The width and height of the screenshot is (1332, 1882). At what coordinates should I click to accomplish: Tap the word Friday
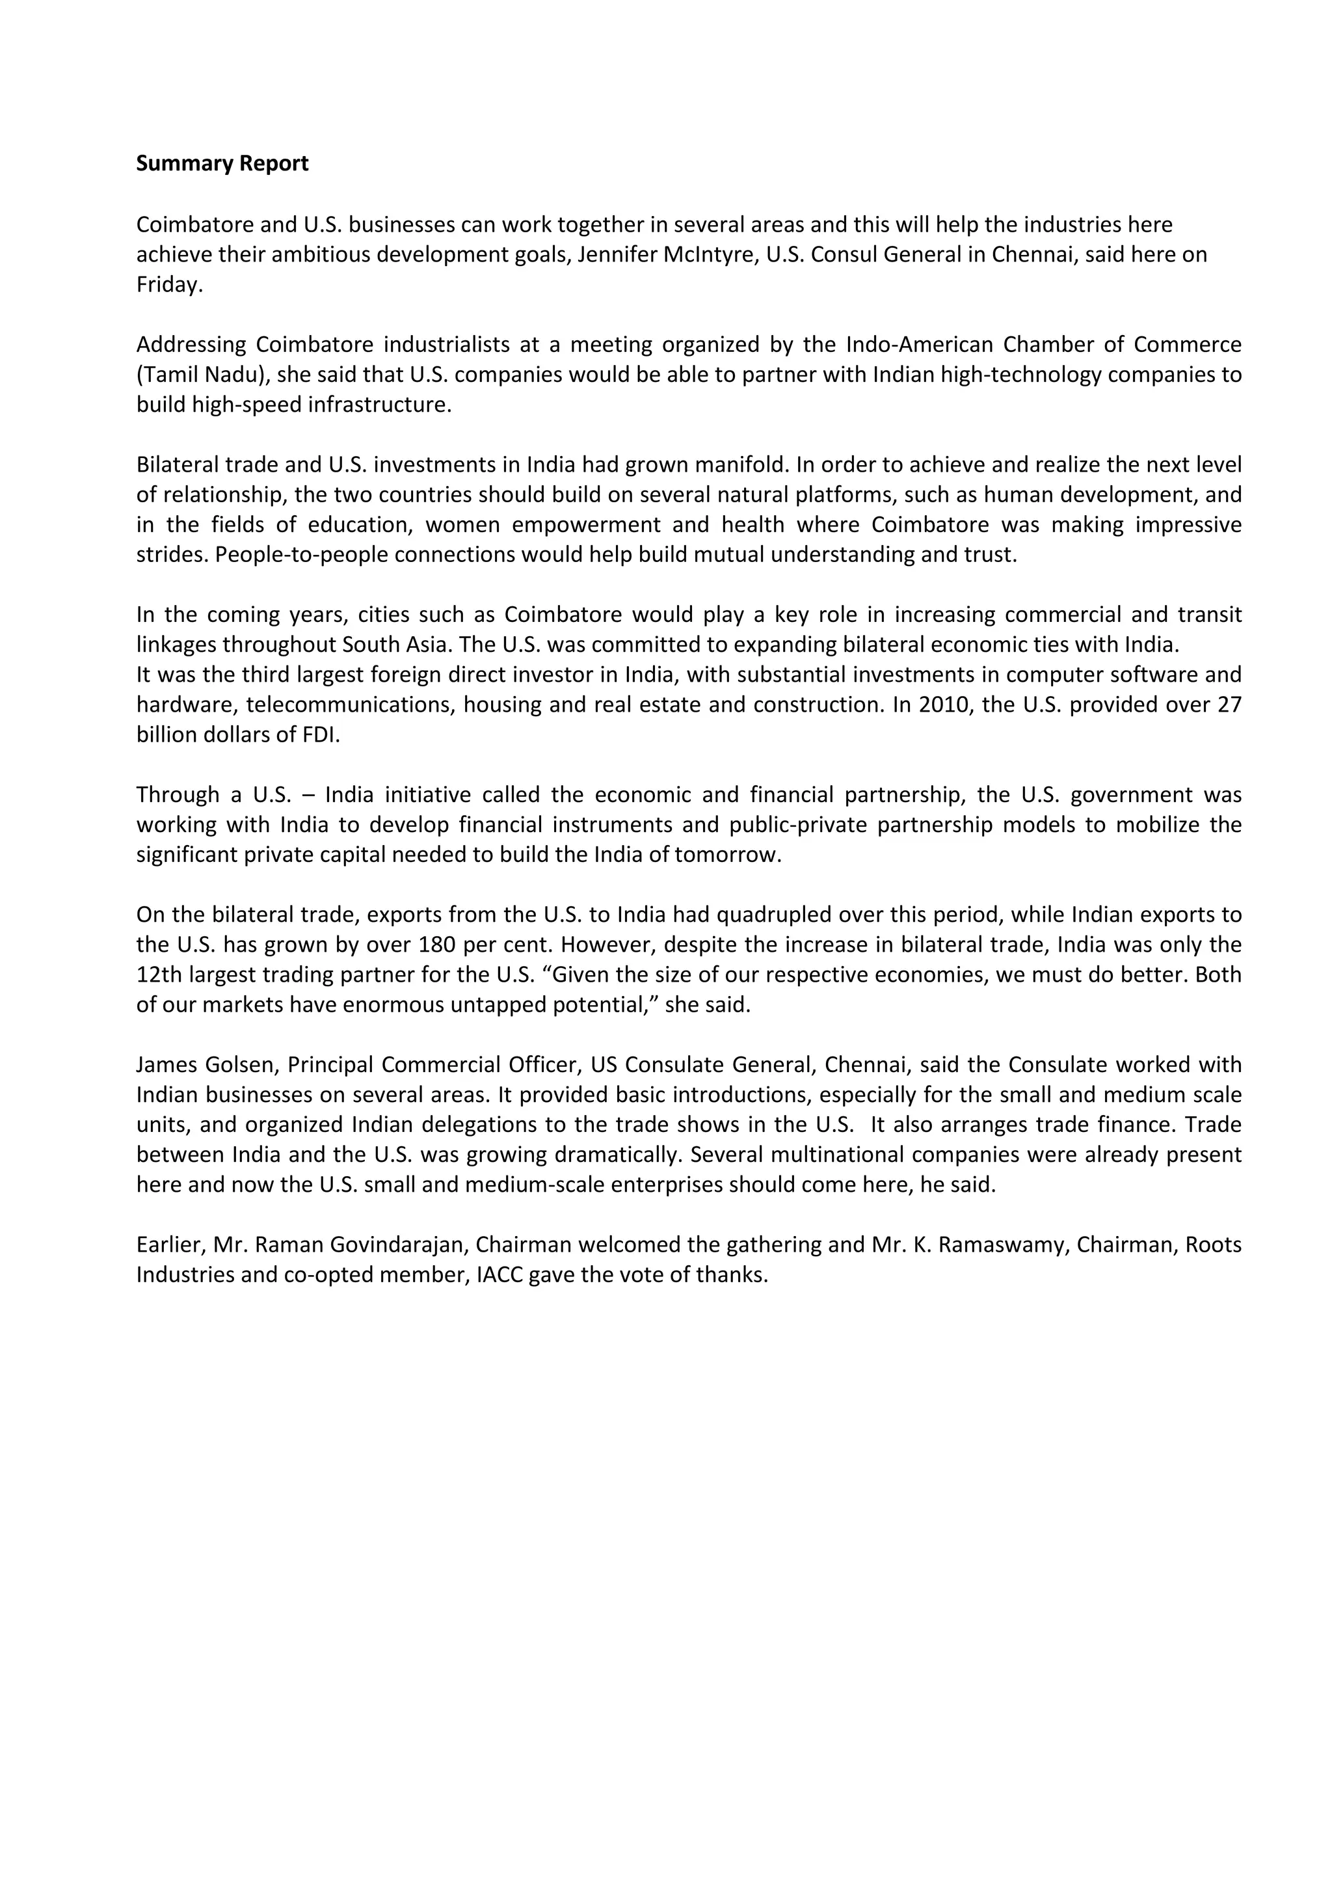pos(168,285)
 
